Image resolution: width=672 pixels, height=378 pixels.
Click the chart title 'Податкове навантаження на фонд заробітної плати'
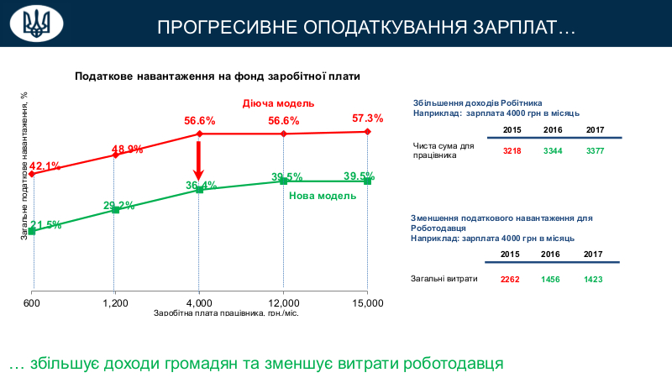[218, 76]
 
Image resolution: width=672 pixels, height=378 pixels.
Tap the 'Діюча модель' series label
[278, 102]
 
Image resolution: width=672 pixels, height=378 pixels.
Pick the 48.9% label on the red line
[127, 149]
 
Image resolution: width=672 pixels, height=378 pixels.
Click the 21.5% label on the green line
[45, 224]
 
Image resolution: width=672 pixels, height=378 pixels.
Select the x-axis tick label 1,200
[115, 302]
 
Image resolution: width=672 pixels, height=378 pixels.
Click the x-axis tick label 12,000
[284, 302]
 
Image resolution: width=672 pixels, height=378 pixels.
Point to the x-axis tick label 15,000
[368, 302]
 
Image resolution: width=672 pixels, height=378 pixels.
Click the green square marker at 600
[32, 230]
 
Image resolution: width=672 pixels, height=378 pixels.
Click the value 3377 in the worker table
[595, 150]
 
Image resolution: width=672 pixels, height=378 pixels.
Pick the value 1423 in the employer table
[593, 279]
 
